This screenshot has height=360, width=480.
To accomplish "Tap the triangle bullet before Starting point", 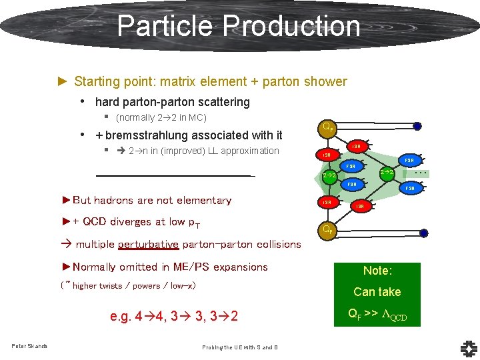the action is (x=63, y=81).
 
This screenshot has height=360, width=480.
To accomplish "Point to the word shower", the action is (x=325, y=82).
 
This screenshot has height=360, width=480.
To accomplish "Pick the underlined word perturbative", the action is (x=148, y=244).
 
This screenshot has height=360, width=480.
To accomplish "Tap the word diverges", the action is (x=129, y=222).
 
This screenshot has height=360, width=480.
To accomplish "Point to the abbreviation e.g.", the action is (x=121, y=315).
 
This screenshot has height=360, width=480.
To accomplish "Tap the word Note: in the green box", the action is (x=377, y=271).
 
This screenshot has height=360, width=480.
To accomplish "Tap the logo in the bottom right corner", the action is (x=468, y=347).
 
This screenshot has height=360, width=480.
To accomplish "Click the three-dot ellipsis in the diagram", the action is (x=421, y=172).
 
